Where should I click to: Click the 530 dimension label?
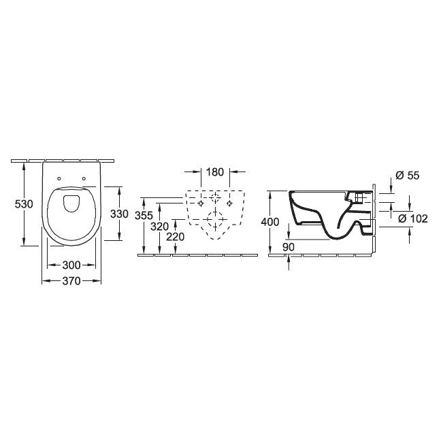pyautogui.click(x=24, y=204)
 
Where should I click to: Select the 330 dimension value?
pyautogui.click(x=119, y=214)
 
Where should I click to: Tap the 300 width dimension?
pyautogui.click(x=71, y=265)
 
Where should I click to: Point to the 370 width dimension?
pyautogui.click(x=71, y=280)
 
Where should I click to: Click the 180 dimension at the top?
pyautogui.click(x=215, y=172)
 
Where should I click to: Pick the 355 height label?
pyautogui.click(x=144, y=216)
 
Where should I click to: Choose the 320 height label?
pyautogui.click(x=159, y=227)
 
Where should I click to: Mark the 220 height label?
pyautogui.click(x=175, y=237)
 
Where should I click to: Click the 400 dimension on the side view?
pyautogui.click(x=270, y=222)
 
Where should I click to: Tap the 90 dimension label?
pyautogui.click(x=289, y=247)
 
